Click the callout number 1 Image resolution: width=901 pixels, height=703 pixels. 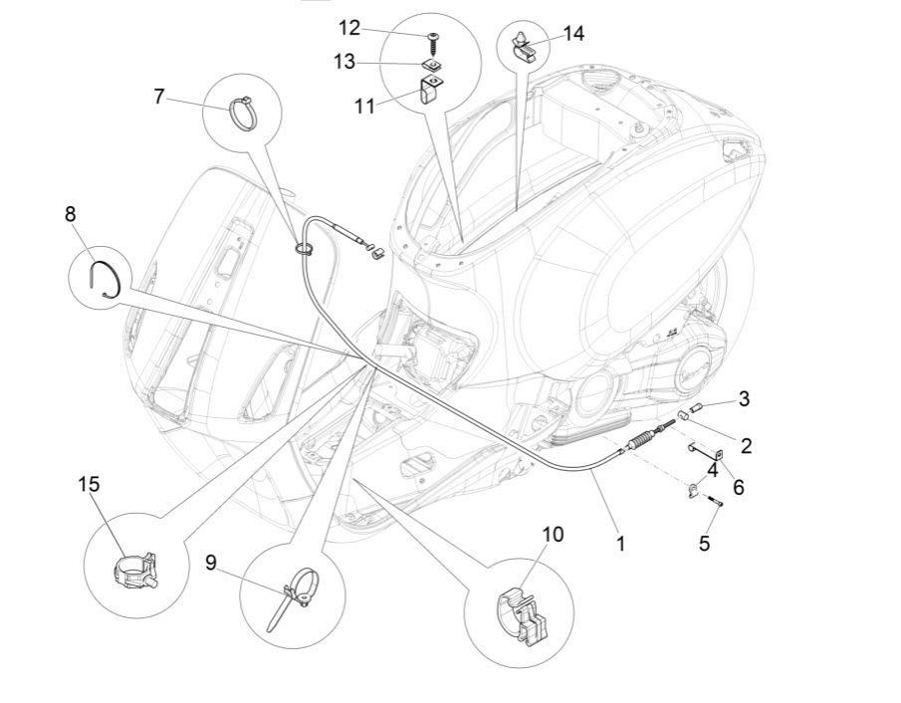tap(620, 544)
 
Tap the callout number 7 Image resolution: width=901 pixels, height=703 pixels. tap(159, 97)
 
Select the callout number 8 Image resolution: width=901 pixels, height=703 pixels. tap(70, 214)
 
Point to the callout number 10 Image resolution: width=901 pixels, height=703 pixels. tap(553, 534)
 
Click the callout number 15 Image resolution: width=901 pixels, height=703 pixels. tap(89, 484)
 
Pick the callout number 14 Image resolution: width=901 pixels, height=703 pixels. tap(573, 33)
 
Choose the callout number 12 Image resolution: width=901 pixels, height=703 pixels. tap(348, 27)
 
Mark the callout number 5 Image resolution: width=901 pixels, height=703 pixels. tap(704, 544)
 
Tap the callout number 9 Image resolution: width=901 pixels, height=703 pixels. tap(210, 563)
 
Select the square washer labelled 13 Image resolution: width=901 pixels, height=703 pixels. tap(432, 65)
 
